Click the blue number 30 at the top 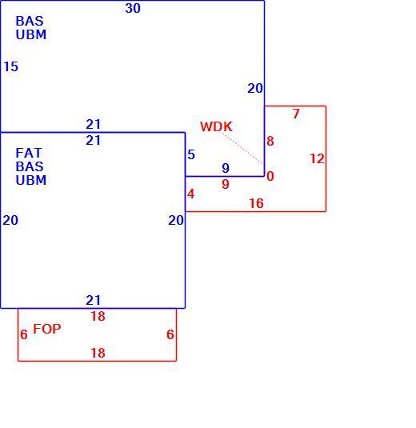tap(133, 8)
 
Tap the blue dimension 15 tap(11, 66)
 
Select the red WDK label tap(216, 126)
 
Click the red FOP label tap(47, 329)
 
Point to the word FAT tap(29, 153)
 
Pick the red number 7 tap(296, 114)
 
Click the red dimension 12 tap(317, 158)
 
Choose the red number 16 tap(256, 203)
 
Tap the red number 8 tap(270, 141)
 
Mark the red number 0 tap(270, 176)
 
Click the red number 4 tap(191, 194)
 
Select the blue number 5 tap(191, 154)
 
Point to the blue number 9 tap(226, 168)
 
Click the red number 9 tap(226, 184)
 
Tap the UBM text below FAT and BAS tap(31, 180)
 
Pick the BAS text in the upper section tap(30, 21)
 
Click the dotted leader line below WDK tap(242, 148)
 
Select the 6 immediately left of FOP tap(24, 334)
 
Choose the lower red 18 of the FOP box tap(98, 353)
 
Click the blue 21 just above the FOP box tap(94, 300)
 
